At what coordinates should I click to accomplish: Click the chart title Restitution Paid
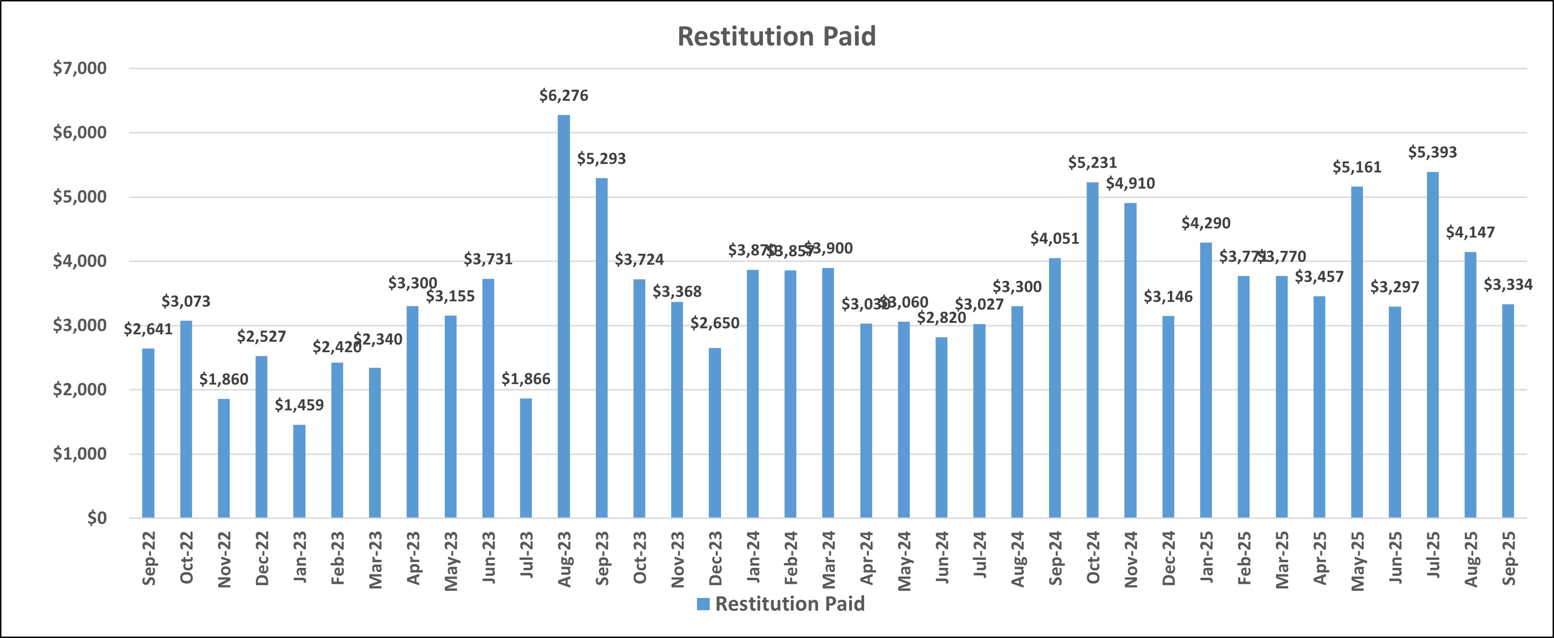point(777,37)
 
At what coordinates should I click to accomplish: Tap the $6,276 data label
point(563,96)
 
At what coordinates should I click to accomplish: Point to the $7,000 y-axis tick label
point(80,69)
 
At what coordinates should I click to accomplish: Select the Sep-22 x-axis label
point(148,558)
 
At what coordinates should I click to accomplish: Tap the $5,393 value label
point(1432,153)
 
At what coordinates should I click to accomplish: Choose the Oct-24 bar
point(1092,350)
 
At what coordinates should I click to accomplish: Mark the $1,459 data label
point(299,405)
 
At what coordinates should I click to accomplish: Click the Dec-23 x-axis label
point(715,558)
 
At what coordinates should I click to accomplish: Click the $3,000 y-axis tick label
point(80,326)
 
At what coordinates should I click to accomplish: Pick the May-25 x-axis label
point(1357,558)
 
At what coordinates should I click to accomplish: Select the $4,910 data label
point(1130,184)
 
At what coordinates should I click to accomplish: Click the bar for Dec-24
point(1168,417)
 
